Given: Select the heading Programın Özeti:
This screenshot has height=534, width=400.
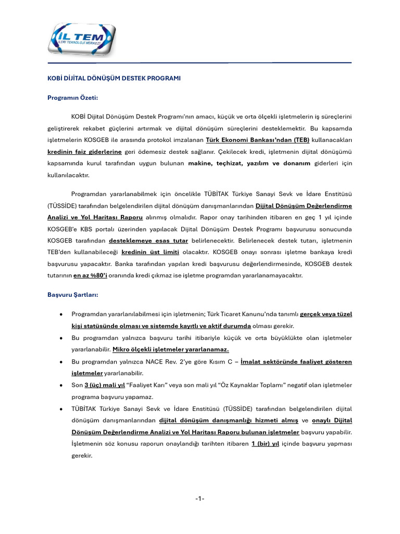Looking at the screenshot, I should [72, 97].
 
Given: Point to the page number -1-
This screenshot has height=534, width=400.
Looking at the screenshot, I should [199, 499].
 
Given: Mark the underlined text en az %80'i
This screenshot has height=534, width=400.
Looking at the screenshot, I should [90, 275].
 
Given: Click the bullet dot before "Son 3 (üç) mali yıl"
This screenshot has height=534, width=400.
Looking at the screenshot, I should [62, 385].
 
